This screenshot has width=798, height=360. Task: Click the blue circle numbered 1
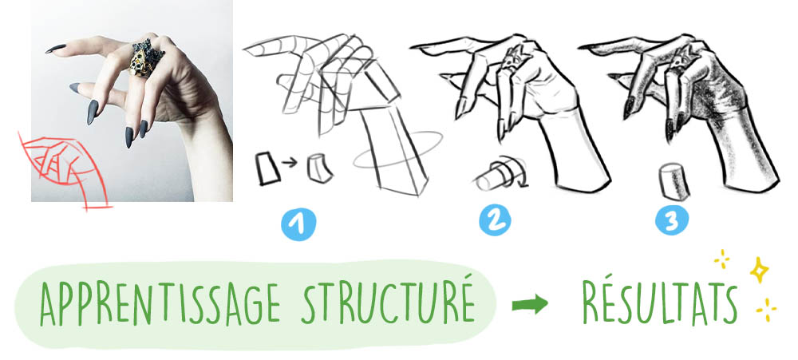click(x=298, y=224)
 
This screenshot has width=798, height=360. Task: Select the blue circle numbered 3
click(x=672, y=220)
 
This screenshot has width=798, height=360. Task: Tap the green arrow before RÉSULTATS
click(x=530, y=304)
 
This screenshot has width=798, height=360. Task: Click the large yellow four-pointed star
click(x=759, y=270)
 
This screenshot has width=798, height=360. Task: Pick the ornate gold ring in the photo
click(x=146, y=57)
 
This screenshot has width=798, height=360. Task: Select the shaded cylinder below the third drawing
click(x=675, y=182)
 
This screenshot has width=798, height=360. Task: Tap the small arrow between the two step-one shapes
click(x=289, y=162)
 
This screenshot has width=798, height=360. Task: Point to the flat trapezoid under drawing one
click(x=267, y=168)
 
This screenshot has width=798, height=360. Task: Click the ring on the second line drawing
click(x=512, y=60)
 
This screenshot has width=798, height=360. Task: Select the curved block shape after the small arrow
click(x=320, y=168)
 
